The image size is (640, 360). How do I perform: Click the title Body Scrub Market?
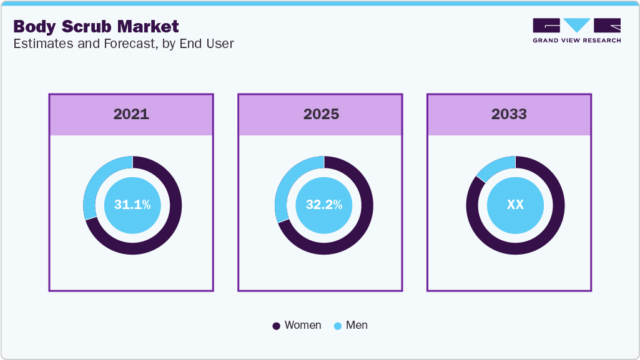click(96, 26)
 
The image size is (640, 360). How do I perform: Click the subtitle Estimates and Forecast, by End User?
click(124, 44)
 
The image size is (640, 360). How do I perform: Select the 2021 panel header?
click(131, 115)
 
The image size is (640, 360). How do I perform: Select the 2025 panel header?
click(321, 115)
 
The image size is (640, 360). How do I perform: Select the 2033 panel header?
click(509, 115)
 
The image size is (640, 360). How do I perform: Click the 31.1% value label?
click(132, 205)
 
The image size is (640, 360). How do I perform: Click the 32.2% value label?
click(323, 205)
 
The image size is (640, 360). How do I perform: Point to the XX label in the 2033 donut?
click(515, 205)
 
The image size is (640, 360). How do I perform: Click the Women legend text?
click(303, 325)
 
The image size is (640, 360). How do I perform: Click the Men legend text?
click(357, 325)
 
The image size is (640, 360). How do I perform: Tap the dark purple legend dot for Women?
click(277, 326)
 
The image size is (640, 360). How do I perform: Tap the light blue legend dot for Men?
click(338, 326)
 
